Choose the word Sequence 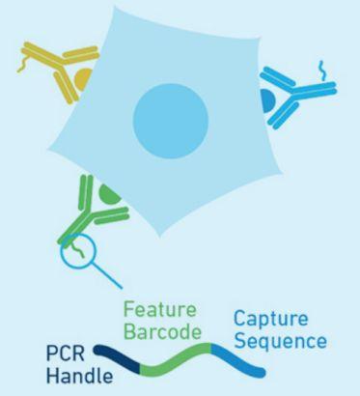point(279,343)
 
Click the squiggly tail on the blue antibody point(321,68)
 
